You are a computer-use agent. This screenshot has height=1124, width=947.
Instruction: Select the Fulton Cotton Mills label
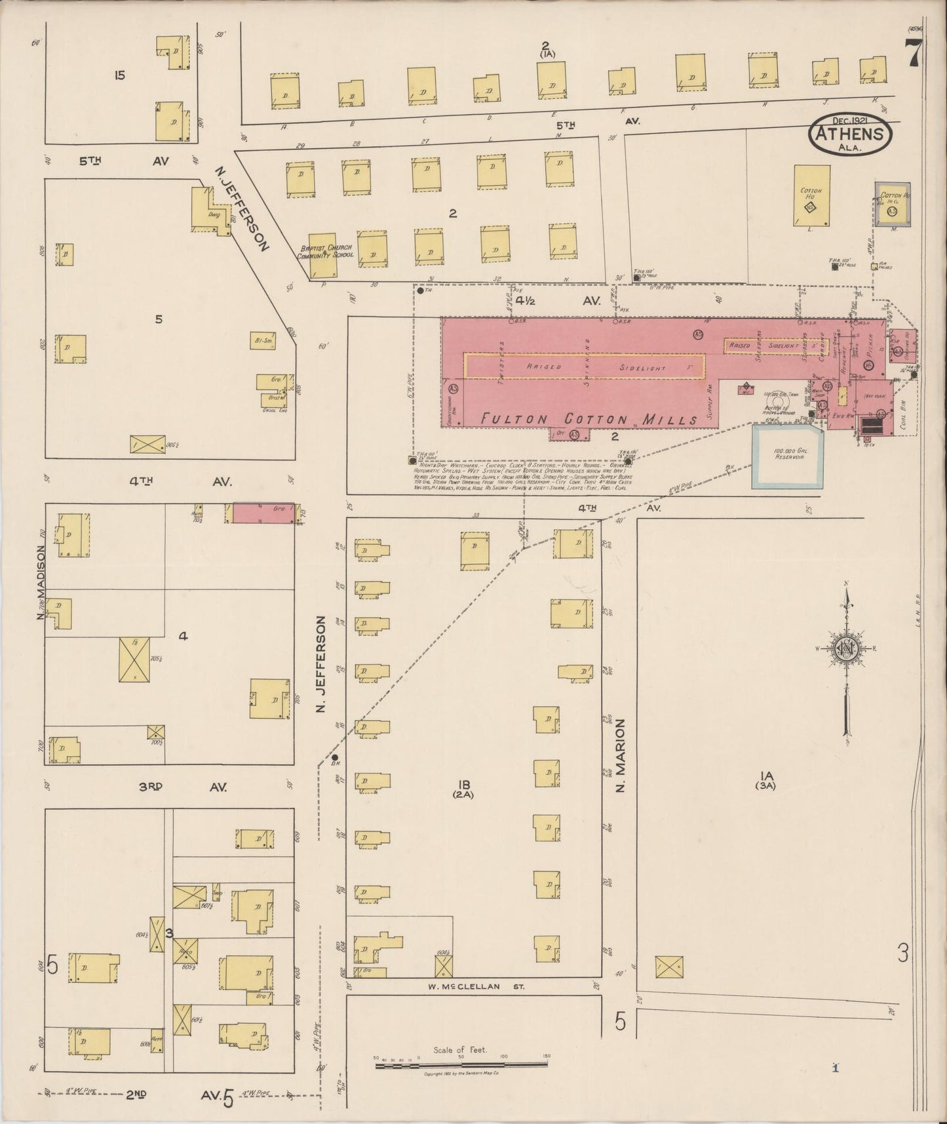(589, 419)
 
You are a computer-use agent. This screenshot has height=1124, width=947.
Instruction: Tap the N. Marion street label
(620, 755)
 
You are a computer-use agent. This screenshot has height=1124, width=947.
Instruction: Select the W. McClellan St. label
(473, 986)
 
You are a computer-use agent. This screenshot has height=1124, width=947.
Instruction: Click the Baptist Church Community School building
(323, 254)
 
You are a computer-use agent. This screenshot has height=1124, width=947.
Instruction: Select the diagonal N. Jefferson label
(242, 209)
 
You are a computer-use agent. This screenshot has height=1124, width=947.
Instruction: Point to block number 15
(119, 75)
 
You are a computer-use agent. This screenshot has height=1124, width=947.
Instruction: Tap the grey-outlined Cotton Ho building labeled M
(892, 204)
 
